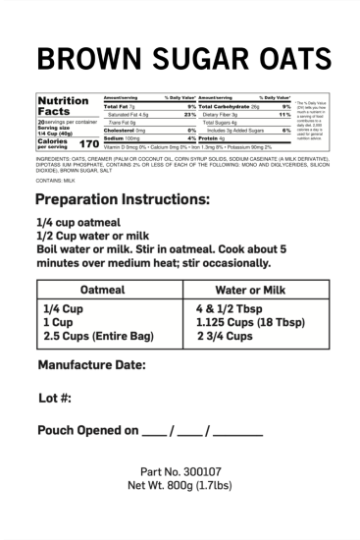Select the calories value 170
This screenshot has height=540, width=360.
click(88, 144)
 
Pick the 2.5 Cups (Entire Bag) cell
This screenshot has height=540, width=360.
click(96, 336)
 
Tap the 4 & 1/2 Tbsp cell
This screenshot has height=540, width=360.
click(231, 308)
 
